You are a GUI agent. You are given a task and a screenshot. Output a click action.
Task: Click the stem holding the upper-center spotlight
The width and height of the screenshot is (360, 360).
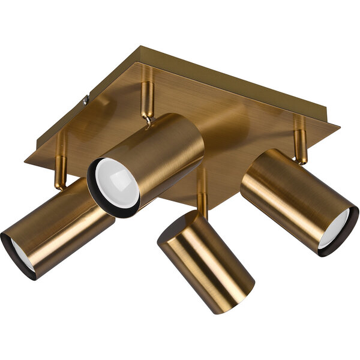click(x=147, y=96)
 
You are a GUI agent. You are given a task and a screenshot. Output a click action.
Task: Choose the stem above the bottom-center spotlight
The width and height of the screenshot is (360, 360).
click(x=202, y=192)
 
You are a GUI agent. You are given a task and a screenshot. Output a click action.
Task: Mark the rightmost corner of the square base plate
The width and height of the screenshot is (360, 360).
click(x=338, y=127)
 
